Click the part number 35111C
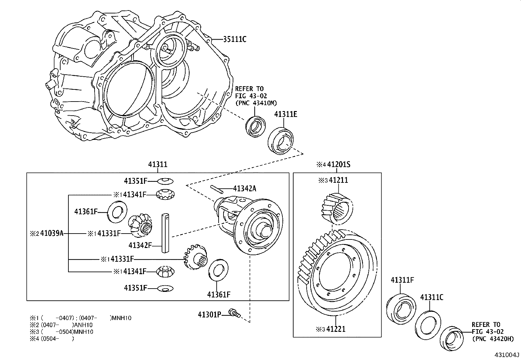[234, 40]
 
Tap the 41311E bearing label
[285, 114]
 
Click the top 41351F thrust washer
[166, 181]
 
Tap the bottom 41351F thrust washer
[166, 288]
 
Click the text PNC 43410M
[256, 103]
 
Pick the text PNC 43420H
[493, 339]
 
